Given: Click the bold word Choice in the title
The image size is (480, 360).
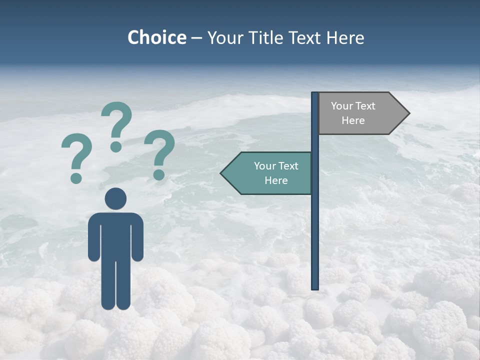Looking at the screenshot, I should coord(156,37).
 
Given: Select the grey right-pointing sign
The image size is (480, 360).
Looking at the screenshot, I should coord(360,113).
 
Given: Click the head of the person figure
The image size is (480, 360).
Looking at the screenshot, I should coord(115,198).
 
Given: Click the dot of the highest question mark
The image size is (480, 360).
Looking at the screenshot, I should coord(116,146).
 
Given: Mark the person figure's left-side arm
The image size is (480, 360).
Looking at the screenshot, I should coord(93,237).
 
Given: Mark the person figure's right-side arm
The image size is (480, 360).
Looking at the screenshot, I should coord(138,237).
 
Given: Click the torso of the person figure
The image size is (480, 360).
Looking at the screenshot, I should coord(115,235).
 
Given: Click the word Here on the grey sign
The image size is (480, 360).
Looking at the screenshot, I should coord(353,120).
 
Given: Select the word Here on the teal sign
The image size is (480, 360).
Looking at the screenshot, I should coord(276,180).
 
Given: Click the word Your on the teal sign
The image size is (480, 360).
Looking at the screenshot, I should coord(265,166).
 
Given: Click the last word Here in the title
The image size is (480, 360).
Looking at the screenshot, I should coord(345,37).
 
